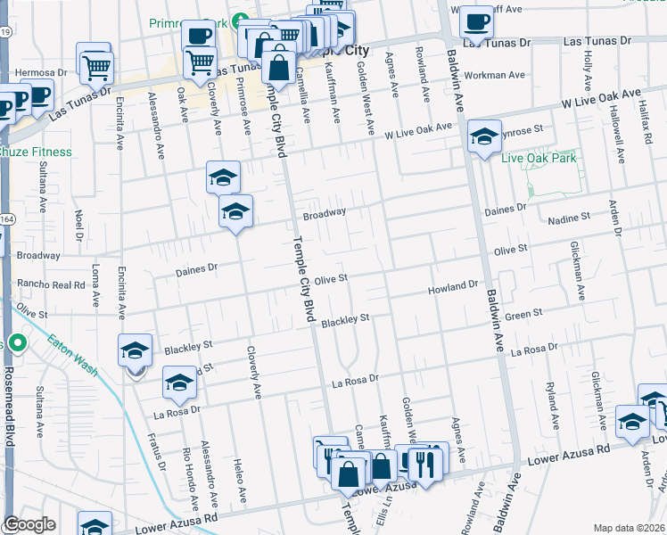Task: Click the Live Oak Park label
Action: tap(539, 159)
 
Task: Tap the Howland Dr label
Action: tap(454, 286)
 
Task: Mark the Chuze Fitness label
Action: tap(36, 152)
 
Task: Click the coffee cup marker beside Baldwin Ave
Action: tap(476, 21)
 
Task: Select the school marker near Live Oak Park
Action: tap(484, 136)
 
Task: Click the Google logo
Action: tap(30, 524)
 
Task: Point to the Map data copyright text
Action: tap(629, 528)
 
